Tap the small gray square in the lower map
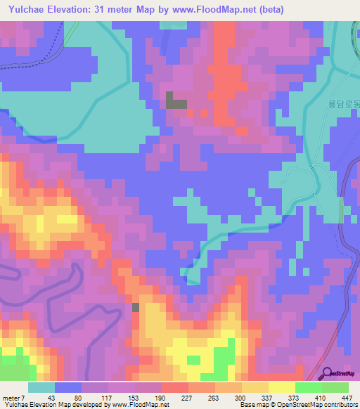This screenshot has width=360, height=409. pyautogui.click(x=136, y=306)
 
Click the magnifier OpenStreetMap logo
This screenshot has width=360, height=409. pyautogui.click(x=328, y=374)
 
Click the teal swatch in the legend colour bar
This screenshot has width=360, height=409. pyautogui.click(x=41, y=388)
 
